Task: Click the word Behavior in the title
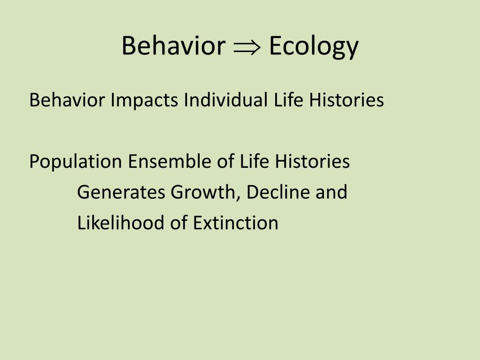tap(173, 46)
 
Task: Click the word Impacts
tap(144, 100)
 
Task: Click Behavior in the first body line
tap(67, 100)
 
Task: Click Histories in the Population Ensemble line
tap(312, 162)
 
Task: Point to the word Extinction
tap(236, 223)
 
